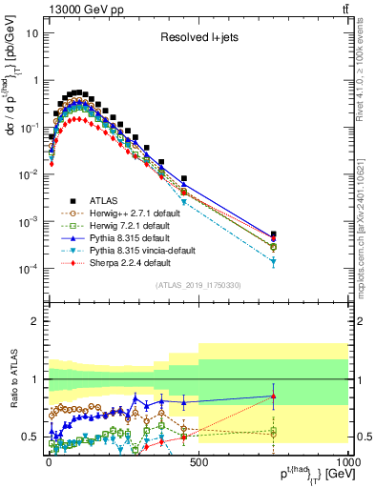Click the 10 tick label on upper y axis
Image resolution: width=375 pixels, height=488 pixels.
pos(31,32)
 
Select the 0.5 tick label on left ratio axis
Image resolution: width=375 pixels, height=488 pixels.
pos(28,437)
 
